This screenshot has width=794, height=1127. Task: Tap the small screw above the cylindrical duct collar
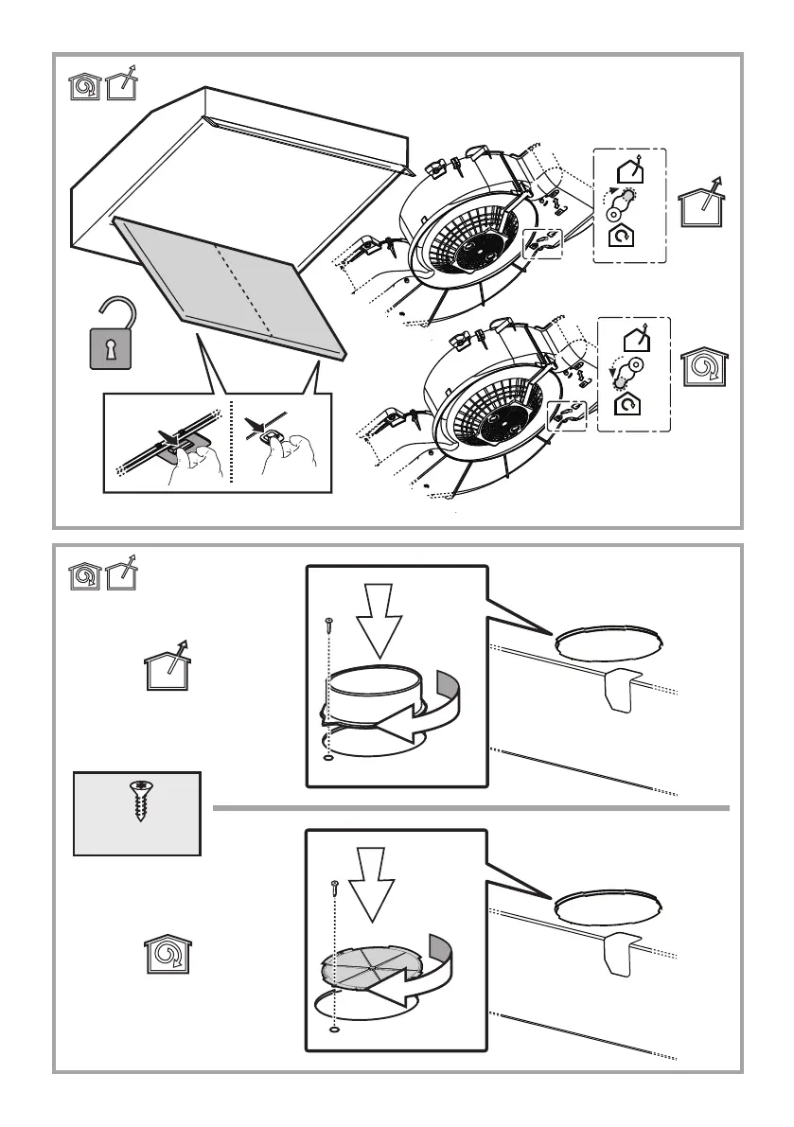click(x=326, y=625)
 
